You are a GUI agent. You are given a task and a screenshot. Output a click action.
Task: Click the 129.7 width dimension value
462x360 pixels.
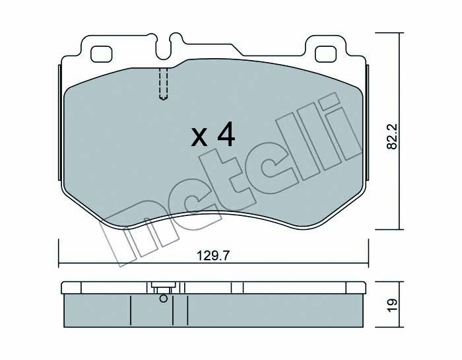coord(213,256)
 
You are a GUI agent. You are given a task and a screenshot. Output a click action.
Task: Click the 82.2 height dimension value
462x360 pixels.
coord(392,136)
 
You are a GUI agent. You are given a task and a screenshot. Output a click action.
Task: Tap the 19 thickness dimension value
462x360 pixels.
coord(392,305)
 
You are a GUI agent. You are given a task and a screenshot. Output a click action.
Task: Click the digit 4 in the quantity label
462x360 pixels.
coord(226,134)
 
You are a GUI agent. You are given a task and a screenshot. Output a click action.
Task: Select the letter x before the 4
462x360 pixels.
coord(199,138)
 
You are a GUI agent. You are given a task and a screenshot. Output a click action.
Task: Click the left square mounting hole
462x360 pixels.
coord(102,54)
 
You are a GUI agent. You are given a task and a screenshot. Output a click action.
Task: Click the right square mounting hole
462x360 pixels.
coord(325,54)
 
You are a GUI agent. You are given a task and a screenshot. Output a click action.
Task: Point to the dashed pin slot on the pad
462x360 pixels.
coord(163,84)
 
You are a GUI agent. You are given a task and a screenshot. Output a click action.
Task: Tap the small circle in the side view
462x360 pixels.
coord(163,299)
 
